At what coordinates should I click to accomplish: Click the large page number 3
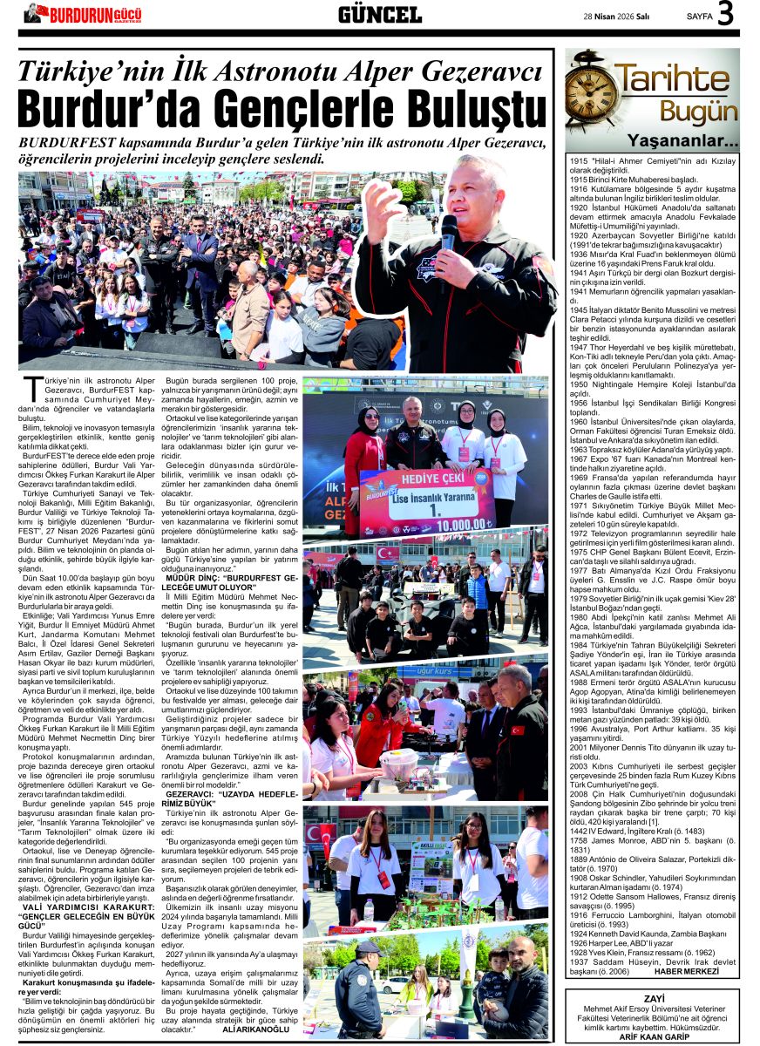point(725,15)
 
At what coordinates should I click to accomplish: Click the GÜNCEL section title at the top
point(379,15)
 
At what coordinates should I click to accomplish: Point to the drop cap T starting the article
point(32,388)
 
